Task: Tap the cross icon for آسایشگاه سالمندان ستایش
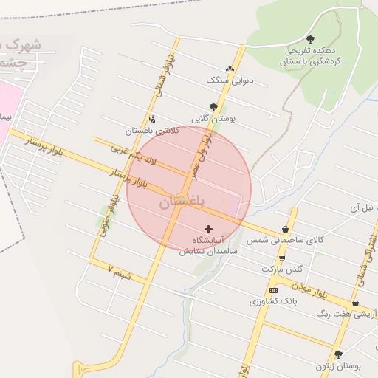point(208,230)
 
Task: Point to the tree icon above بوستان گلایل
point(213,106)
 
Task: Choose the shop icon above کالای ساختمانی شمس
point(285,230)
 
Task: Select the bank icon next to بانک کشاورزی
point(273,290)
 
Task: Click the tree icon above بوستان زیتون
point(338,354)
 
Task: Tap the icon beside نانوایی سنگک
point(230,69)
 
